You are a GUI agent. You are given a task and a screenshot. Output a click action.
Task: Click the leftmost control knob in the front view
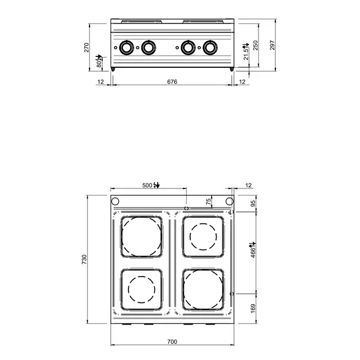point(127,47)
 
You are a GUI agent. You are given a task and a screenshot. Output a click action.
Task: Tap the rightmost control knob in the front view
point(210,47)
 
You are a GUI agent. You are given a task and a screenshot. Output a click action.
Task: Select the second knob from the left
point(148,47)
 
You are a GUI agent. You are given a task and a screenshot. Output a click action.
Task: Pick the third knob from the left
point(188,47)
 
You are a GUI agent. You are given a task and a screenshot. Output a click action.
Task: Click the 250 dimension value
point(256,46)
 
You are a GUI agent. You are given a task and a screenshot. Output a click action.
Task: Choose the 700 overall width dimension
point(172,341)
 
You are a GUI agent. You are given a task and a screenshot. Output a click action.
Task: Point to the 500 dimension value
point(148,185)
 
